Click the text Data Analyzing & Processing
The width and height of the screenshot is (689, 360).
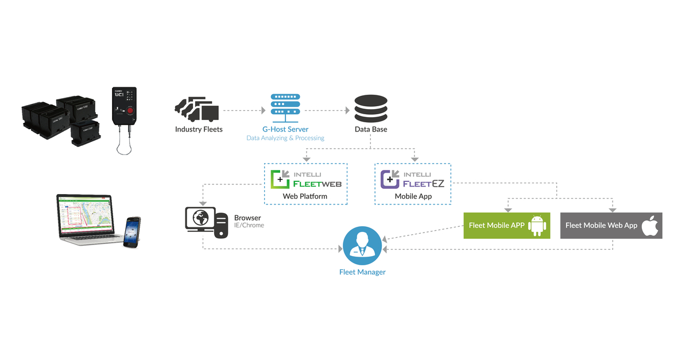[x=285, y=138]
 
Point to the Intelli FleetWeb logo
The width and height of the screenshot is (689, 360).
[x=306, y=179]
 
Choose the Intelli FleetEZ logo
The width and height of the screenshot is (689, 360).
[x=412, y=179]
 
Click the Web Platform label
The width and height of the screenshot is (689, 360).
[x=305, y=196]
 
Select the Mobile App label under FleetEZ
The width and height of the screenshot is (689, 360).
[x=413, y=196]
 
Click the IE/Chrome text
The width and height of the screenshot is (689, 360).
[x=249, y=226]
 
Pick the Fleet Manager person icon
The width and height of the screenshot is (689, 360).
[x=362, y=245]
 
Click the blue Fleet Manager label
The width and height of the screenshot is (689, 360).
[x=362, y=272]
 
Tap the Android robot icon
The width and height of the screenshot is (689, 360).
[x=538, y=226]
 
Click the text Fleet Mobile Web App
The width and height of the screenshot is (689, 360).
[x=601, y=226]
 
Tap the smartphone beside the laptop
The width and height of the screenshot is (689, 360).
[x=132, y=232]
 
